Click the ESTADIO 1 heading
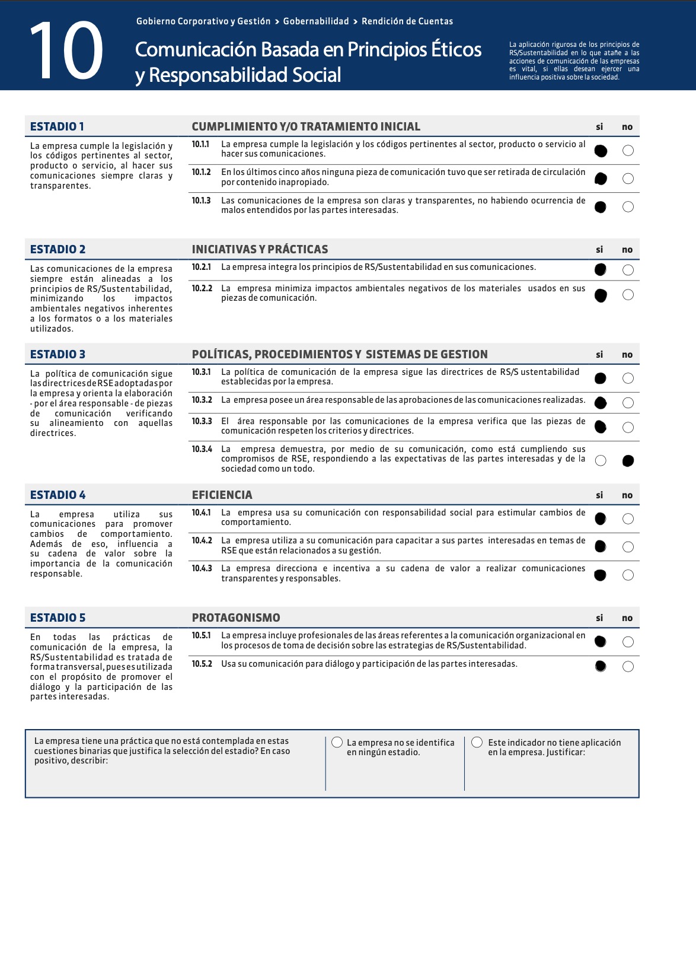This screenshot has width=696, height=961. [57, 126]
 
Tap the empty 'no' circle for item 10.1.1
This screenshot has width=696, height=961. [628, 151]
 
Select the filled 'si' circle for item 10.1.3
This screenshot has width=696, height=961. [600, 207]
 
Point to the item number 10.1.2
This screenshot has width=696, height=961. [201, 172]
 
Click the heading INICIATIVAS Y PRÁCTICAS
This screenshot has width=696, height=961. [260, 249]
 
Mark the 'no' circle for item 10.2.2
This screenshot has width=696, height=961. [628, 295]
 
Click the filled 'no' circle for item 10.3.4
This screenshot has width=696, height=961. [628, 461]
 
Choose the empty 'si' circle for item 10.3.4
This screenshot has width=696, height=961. [601, 461]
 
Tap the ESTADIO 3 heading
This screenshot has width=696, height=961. [58, 354]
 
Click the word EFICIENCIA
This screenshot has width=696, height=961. [222, 495]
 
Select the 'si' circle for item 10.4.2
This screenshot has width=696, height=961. [600, 546]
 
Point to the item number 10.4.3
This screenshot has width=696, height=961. [202, 568]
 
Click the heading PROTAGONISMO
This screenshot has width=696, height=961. [236, 618]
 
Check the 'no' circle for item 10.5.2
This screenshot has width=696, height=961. [628, 667]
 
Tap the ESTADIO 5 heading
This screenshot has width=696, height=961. [58, 618]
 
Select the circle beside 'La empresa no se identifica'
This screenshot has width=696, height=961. [337, 742]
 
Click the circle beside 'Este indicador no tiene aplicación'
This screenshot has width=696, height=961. [477, 742]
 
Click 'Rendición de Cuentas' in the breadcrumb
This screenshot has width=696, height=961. [407, 21]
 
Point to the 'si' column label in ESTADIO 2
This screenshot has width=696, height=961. [599, 250]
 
